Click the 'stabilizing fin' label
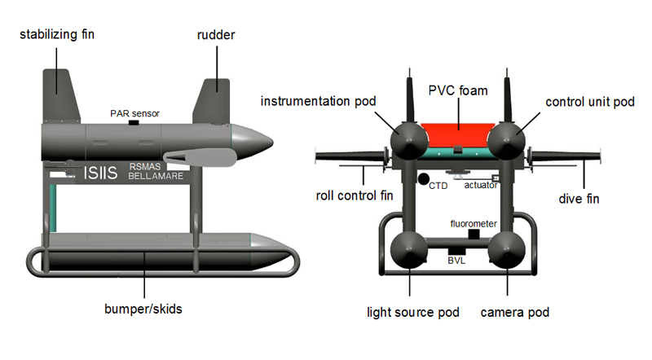56,34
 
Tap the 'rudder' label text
218,34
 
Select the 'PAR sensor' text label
134,113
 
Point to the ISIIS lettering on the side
100,173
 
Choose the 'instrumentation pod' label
319,101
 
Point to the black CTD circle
423,178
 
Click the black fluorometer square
474,233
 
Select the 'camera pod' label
515,313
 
